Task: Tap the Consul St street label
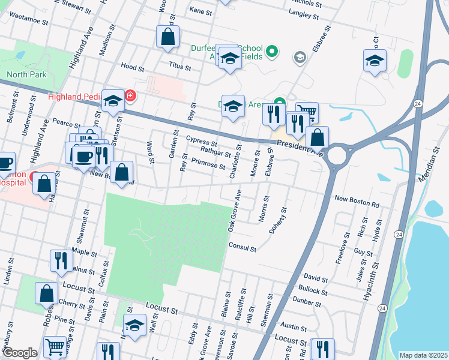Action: click(243, 247)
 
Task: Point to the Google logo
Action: click(20, 353)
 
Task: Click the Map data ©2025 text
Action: click(423, 355)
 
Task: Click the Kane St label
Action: click(200, 11)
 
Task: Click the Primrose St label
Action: click(207, 163)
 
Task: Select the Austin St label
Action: click(294, 328)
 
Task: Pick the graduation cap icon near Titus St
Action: click(229, 59)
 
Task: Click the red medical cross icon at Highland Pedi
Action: click(130, 96)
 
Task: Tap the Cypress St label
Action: click(201, 140)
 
